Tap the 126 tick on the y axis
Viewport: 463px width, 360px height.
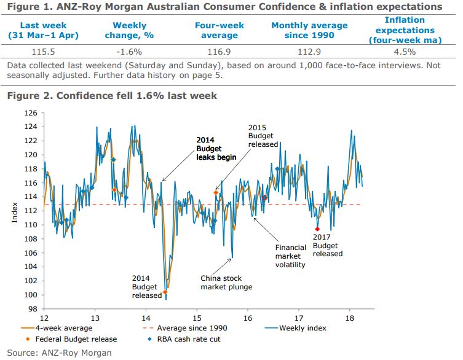click(x=33, y=113)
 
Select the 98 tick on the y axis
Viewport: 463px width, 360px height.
click(x=34, y=309)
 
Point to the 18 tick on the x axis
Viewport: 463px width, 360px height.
click(x=349, y=318)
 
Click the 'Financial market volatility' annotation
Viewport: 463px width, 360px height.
click(x=290, y=256)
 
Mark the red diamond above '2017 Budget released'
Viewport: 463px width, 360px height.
click(x=317, y=229)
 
